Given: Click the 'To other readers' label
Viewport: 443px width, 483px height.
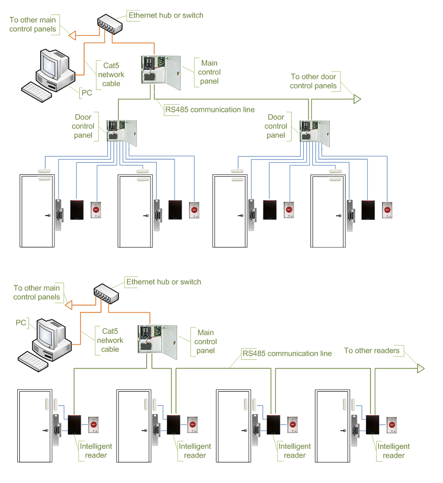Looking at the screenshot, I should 372,351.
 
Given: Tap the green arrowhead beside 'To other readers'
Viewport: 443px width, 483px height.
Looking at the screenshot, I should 420,369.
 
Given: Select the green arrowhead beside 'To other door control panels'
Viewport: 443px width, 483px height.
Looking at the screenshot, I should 357,99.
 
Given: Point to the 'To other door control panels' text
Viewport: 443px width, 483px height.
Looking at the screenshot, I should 313,81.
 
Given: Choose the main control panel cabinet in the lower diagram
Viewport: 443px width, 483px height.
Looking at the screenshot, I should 158,341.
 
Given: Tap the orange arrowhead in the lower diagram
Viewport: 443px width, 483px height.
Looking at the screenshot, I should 69,305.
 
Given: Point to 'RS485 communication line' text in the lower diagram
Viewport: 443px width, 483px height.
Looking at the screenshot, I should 287,354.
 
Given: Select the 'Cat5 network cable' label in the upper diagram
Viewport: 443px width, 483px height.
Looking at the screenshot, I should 111,74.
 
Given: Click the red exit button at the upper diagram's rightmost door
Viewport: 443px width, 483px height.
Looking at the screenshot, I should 387,209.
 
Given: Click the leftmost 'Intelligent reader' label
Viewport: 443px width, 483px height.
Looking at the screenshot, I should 96,451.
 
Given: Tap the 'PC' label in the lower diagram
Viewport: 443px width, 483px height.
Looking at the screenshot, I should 21,323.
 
